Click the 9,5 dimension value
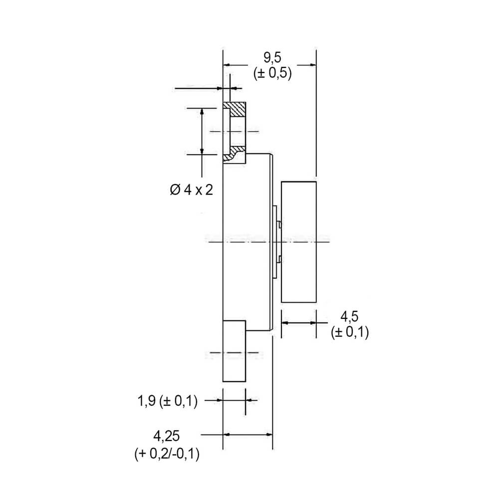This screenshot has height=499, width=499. pyautogui.click(x=272, y=57)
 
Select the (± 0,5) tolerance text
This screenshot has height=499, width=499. pyautogui.click(x=272, y=73)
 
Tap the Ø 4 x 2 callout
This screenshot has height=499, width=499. pyautogui.click(x=192, y=190)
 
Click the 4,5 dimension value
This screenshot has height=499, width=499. pyautogui.click(x=349, y=317)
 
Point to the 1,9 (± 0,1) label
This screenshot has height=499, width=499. pyautogui.click(x=167, y=401)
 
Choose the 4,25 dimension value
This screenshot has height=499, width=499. pyautogui.click(x=167, y=436)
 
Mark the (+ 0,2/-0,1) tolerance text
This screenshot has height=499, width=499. pyautogui.click(x=167, y=454)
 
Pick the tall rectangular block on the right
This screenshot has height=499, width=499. pyautogui.click(x=298, y=242)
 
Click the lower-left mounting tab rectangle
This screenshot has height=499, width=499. pyautogui.click(x=234, y=351)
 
